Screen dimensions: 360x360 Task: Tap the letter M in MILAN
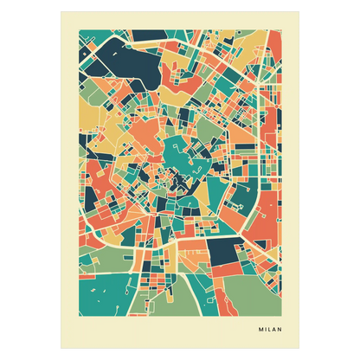(x=260, y=329)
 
